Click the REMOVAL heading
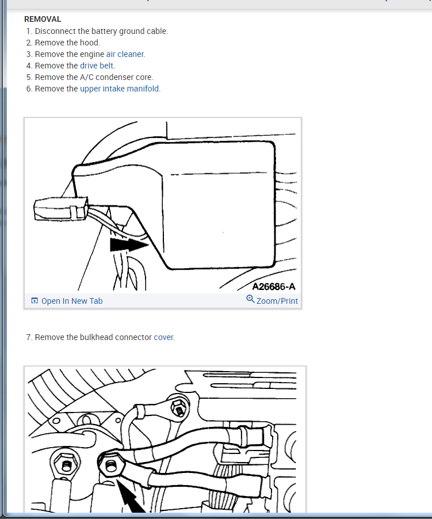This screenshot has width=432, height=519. click(43, 19)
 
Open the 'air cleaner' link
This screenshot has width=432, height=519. click(125, 54)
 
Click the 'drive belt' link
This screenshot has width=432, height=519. click(97, 66)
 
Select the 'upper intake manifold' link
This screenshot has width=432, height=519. click(120, 89)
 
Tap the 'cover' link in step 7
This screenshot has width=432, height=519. click(163, 337)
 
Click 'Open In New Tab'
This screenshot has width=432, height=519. click(72, 301)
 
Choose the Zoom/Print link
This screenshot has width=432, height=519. click(277, 301)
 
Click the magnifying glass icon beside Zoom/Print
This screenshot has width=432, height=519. click(250, 299)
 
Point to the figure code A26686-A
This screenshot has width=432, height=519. click(274, 287)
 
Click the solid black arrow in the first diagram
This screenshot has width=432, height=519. click(129, 245)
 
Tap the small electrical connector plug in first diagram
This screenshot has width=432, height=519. click(61, 209)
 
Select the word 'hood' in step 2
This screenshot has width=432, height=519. click(89, 43)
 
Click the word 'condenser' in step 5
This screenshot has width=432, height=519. click(114, 77)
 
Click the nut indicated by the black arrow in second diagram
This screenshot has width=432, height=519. click(111, 467)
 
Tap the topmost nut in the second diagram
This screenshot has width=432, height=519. click(179, 407)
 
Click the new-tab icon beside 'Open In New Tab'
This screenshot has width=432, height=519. click(35, 300)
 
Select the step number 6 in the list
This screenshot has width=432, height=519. click(29, 89)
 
